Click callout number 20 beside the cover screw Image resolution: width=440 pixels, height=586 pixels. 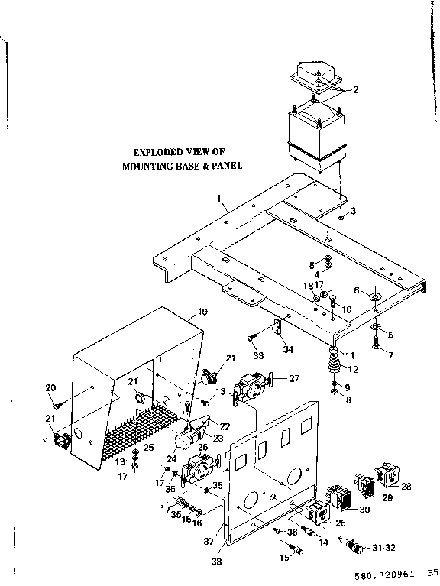click(50, 387)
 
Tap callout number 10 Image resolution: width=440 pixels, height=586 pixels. click(347, 309)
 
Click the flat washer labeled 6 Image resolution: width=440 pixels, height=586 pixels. click(377, 296)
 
